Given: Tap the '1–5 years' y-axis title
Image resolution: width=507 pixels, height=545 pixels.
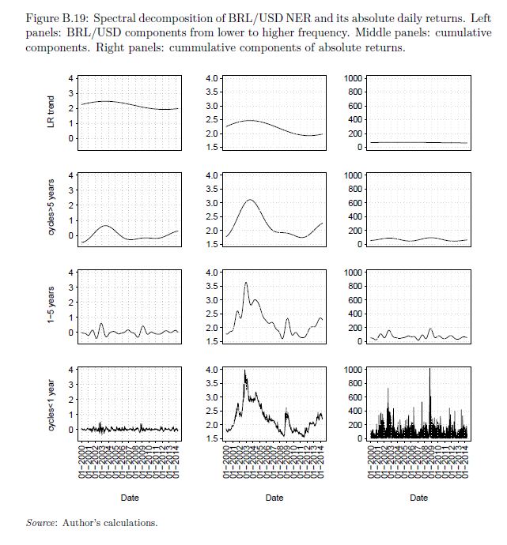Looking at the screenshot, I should [51, 305].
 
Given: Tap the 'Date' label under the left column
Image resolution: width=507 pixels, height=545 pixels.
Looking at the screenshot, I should [130, 498].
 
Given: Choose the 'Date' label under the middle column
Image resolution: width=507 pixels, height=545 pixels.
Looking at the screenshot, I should [274, 498].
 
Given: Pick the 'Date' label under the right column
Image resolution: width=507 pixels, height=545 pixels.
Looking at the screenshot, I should [419, 498].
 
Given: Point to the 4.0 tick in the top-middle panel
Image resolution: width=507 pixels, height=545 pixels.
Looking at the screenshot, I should [212, 78].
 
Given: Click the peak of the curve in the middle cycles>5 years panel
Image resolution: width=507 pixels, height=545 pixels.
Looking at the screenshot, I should [251, 200].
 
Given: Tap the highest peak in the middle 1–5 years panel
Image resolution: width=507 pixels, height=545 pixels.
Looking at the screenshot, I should [246, 283].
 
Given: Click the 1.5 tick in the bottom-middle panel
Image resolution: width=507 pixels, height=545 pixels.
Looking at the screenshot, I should [212, 438].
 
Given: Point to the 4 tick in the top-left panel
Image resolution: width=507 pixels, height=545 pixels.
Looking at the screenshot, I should [71, 78].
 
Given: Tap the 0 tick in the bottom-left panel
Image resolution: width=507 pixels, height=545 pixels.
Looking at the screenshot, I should [71, 430].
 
